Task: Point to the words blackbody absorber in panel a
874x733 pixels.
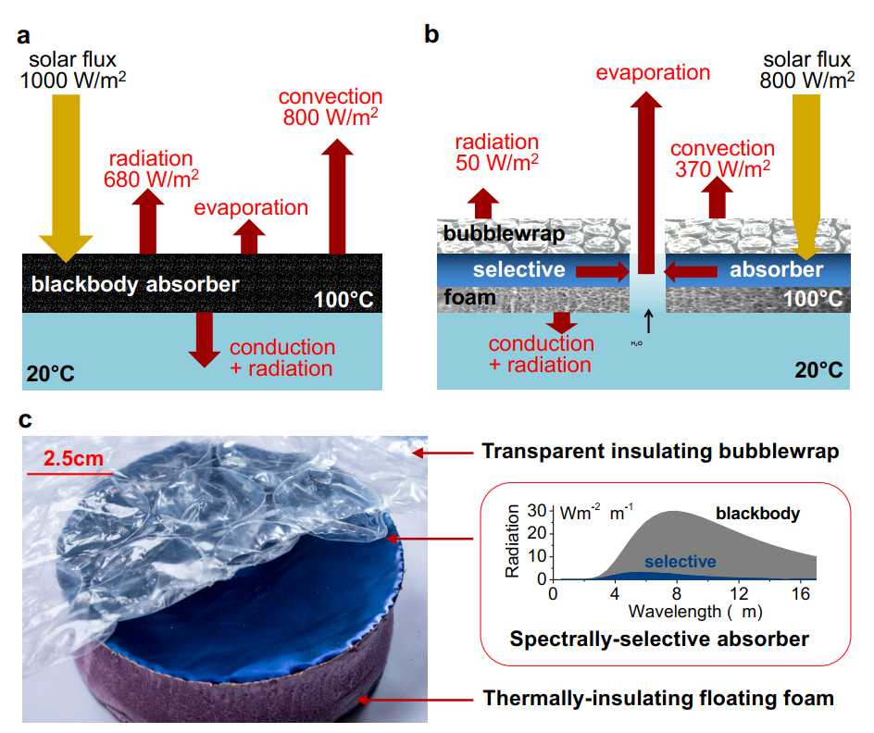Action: click(135, 284)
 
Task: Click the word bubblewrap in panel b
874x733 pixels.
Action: click(504, 233)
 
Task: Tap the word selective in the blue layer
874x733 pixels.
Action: click(519, 269)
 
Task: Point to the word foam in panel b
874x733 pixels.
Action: click(468, 298)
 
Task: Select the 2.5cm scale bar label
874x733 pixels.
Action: click(69, 459)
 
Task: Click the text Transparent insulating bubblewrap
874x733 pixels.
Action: click(659, 453)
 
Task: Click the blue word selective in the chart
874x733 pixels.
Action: click(680, 562)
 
